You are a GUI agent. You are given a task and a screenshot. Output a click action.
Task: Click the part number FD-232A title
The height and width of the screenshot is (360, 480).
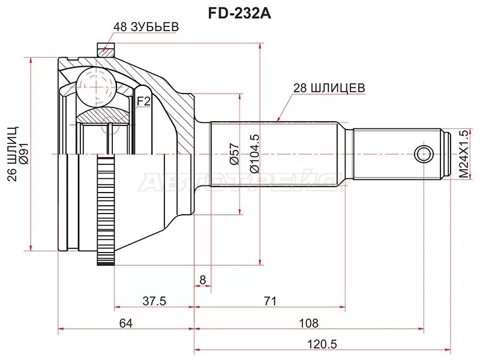point(240,13)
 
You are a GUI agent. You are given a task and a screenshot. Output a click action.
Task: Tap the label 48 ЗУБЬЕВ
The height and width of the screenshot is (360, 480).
point(146,27)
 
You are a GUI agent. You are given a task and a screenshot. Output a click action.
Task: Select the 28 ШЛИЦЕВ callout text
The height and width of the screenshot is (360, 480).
point(329,88)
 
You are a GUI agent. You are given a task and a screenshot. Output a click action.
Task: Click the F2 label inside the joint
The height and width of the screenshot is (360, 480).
point(143,101)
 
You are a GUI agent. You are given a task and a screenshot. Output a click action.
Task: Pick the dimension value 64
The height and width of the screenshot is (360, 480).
point(125,323)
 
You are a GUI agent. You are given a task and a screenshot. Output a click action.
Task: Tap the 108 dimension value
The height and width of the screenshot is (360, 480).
point(308,323)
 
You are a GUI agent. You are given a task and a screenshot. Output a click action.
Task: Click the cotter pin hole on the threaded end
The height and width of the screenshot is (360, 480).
point(424,152)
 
